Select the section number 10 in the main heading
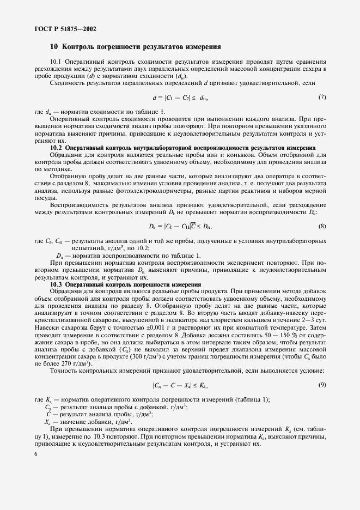pyautogui.click(x=54, y=47)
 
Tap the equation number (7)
pyautogui.click(x=322, y=98)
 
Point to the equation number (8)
pyautogui.click(x=322, y=226)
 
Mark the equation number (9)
pyautogui.click(x=322, y=385)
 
